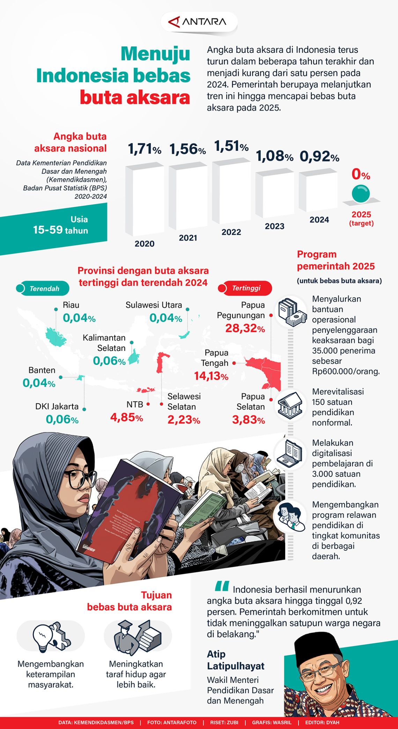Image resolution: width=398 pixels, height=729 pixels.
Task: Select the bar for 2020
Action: pyautogui.click(x=145, y=199)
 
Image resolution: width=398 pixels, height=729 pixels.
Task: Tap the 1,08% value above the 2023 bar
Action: pyautogui.click(x=274, y=156)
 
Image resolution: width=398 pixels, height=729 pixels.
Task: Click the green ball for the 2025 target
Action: pyautogui.click(x=361, y=194)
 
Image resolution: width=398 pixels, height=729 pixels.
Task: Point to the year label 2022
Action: pyautogui.click(x=231, y=232)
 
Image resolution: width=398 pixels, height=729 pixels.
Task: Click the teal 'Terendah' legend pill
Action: pyautogui.click(x=43, y=288)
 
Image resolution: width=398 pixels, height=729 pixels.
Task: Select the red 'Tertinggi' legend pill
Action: pyautogui.click(x=245, y=288)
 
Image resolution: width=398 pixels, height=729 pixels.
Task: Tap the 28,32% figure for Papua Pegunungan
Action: pyautogui.click(x=245, y=328)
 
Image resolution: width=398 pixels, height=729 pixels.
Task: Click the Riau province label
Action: pyautogui.click(x=71, y=305)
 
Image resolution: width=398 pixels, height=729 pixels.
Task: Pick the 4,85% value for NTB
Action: pyautogui.click(x=126, y=417)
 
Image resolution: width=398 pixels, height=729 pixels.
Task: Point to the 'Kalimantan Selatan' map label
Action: pyautogui.click(x=104, y=343)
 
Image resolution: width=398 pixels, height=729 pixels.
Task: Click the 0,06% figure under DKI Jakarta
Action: pyautogui.click(x=62, y=419)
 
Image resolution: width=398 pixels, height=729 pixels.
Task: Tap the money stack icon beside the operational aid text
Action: pyautogui.click(x=292, y=311)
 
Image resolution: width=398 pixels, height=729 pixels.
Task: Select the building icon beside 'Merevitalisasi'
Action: pyautogui.click(x=290, y=405)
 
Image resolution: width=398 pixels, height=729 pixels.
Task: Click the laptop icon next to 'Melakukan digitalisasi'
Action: pyautogui.click(x=290, y=453)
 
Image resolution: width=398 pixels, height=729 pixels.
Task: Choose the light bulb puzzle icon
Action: pyautogui.click(x=51, y=637)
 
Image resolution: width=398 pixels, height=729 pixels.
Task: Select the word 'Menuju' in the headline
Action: pyautogui.click(x=155, y=54)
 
